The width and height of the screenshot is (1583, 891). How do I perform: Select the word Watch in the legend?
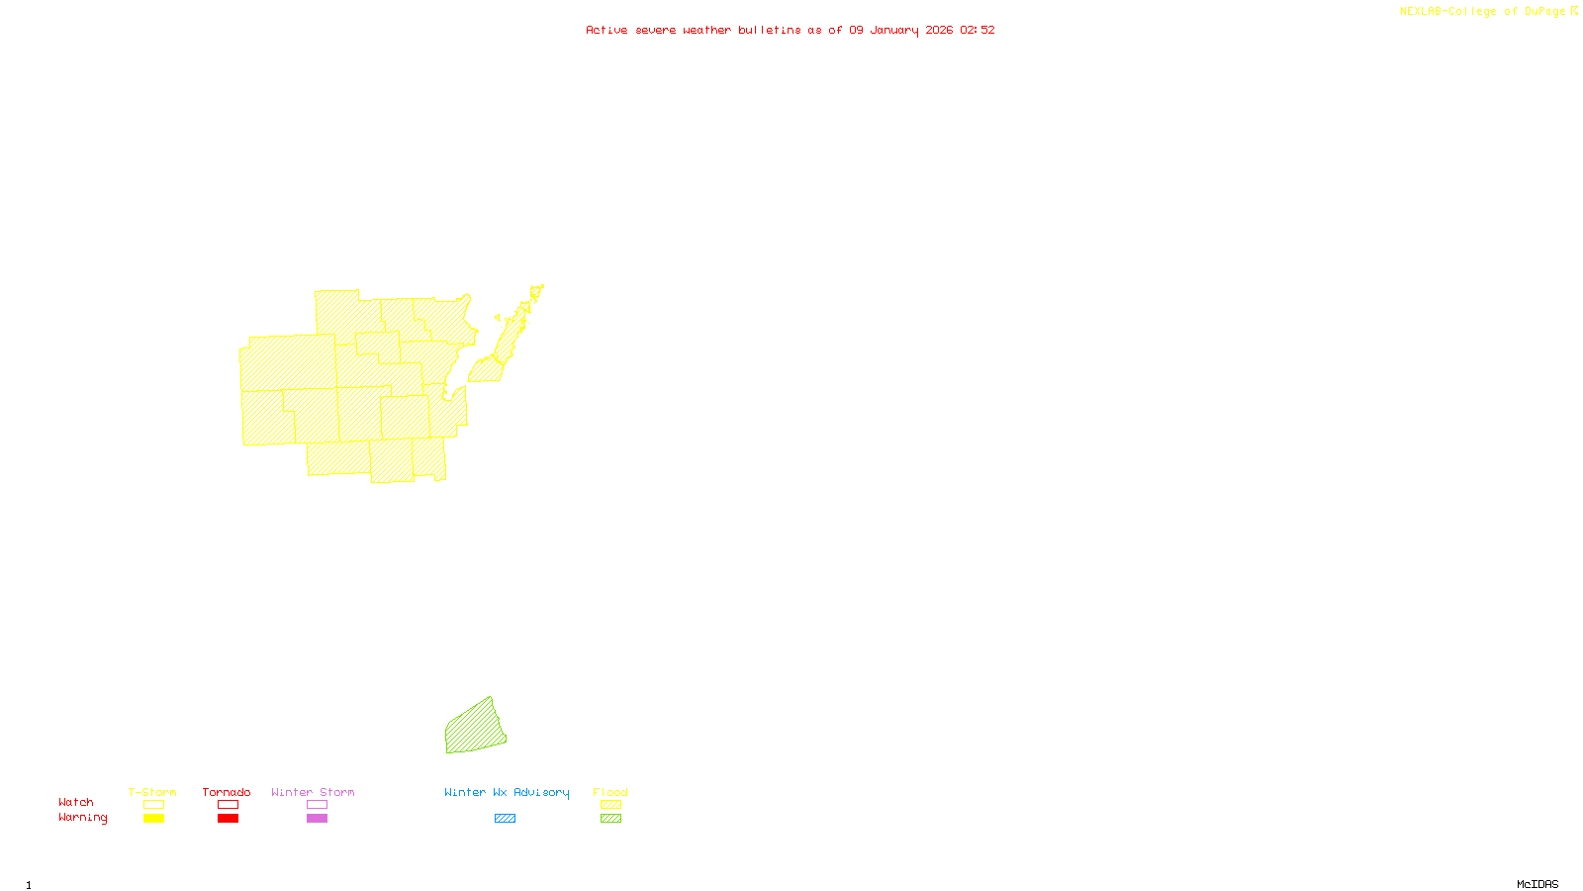76,802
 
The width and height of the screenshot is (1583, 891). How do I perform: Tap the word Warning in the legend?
82,818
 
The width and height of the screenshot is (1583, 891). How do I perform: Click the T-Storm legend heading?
152,792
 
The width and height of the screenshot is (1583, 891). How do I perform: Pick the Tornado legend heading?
227,792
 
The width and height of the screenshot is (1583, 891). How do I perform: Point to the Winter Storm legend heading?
313,792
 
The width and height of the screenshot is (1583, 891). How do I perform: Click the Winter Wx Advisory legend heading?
507,792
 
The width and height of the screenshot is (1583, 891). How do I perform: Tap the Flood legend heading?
610,792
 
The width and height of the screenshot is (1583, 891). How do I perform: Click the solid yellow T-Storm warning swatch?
153,819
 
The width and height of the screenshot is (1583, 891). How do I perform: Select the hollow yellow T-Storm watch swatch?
153,805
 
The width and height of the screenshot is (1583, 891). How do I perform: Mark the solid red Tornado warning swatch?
228,819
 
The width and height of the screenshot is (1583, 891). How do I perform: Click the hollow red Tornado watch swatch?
228,805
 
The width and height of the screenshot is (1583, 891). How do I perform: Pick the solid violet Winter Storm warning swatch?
317,819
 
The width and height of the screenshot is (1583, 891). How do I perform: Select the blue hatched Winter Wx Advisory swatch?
505,819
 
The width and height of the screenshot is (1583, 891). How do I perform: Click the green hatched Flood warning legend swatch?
610,819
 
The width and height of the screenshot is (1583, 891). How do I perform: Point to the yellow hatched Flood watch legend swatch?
610,805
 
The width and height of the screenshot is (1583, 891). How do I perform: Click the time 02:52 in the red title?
978,30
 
